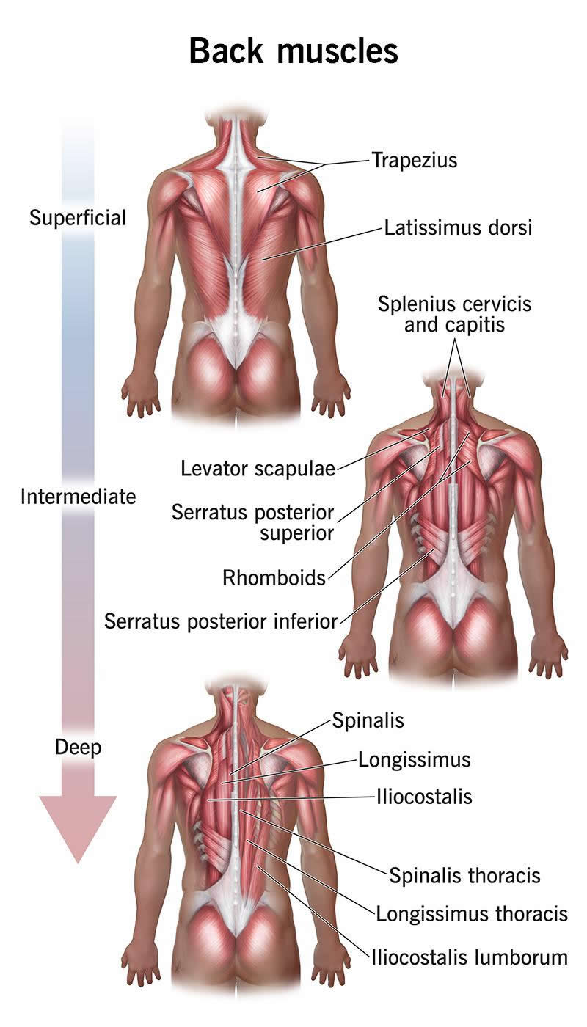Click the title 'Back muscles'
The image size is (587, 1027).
(293, 51)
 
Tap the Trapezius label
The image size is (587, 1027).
(415, 160)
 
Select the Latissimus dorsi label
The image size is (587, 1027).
(458, 227)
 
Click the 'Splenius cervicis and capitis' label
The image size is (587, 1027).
(454, 314)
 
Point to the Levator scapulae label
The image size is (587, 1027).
(258, 469)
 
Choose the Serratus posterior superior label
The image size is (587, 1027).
(252, 522)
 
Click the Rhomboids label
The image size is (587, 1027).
(274, 578)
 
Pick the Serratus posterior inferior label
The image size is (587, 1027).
(221, 621)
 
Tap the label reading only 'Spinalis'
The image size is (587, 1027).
(368, 720)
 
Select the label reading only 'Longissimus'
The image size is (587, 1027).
(414, 760)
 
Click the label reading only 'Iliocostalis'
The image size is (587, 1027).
(424, 797)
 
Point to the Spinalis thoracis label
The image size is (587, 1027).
(464, 875)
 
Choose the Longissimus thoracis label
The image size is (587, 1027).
(472, 914)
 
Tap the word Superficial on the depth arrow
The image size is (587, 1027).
(78, 217)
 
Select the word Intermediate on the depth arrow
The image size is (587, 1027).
(78, 497)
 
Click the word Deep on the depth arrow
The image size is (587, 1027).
(78, 748)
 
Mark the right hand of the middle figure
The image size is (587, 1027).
(549, 654)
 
